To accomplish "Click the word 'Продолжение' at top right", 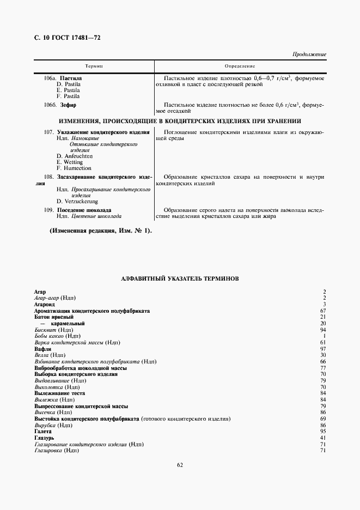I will tap(309, 55).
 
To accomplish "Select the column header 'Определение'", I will tap(240, 66).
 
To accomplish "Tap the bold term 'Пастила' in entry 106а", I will tap(71, 78).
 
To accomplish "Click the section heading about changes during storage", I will tap(180, 120).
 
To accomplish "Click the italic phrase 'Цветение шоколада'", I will tap(96, 216).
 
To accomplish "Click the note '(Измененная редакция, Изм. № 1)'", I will tap(101, 230).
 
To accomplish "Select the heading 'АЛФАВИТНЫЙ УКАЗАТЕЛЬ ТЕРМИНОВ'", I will tap(179, 278).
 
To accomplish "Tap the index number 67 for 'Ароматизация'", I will tap(322, 311).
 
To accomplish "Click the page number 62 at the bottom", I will tap(180, 465).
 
